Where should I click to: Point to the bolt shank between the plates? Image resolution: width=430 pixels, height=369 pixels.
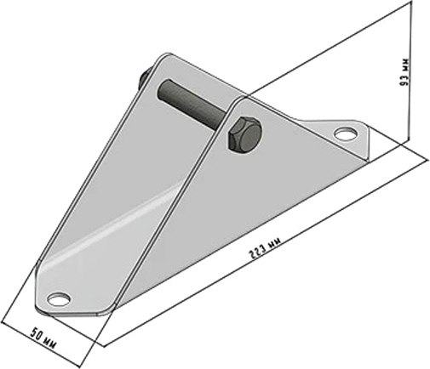(x=195, y=102)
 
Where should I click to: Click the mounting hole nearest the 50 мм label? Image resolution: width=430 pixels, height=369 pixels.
(x=59, y=298)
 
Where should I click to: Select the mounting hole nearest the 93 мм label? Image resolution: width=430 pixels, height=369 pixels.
(x=345, y=133)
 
